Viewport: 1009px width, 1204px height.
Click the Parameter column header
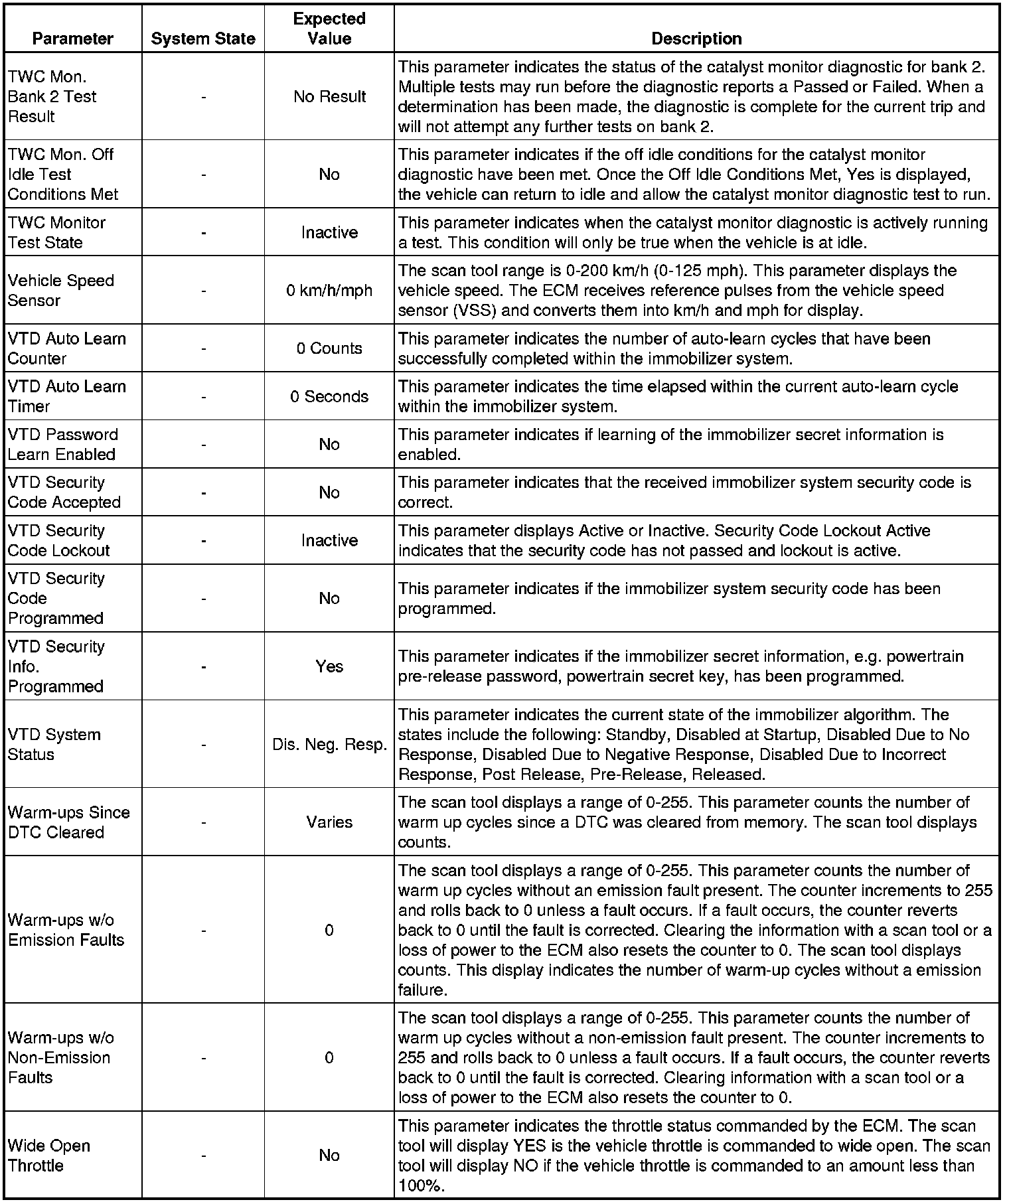click(x=72, y=38)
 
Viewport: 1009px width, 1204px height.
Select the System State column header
click(x=203, y=38)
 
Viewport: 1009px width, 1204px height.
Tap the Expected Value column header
click(x=329, y=29)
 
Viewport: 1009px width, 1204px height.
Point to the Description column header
click(x=696, y=38)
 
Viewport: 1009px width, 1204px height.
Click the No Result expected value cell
click(x=329, y=97)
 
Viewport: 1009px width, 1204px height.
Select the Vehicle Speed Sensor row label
click(x=61, y=291)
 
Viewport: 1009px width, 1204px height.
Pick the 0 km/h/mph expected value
click(x=329, y=291)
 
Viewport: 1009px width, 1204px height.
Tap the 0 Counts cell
click(x=329, y=348)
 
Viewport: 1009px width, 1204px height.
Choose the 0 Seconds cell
click(x=329, y=396)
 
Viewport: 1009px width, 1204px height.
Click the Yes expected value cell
click(x=329, y=666)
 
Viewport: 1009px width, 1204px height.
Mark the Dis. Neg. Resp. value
click(x=329, y=745)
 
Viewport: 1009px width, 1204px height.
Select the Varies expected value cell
click(x=329, y=822)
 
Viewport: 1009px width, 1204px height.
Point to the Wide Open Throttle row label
click(x=49, y=1156)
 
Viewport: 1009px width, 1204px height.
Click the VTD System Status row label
click(x=54, y=745)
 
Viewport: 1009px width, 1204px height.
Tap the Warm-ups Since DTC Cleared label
click(x=68, y=822)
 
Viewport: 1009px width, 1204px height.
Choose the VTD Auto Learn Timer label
click(x=66, y=396)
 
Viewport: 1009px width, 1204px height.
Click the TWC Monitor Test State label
click(x=56, y=232)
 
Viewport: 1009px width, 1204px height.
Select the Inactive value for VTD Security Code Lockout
click(x=329, y=540)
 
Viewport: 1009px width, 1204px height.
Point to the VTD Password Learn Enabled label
click(x=62, y=444)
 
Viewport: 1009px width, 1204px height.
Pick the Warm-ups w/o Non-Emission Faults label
click(x=60, y=1057)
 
